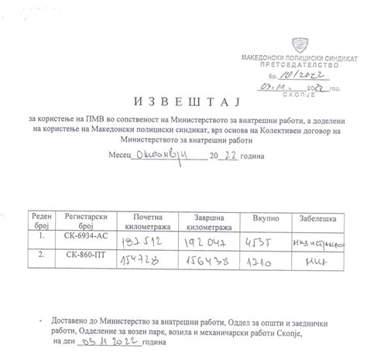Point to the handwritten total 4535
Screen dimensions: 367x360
pyautogui.click(x=258, y=242)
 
